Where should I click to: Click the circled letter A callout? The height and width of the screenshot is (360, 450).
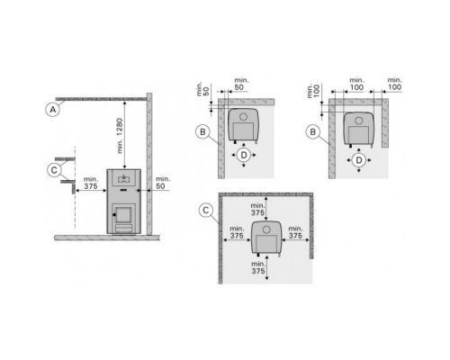pyautogui.click(x=53, y=110)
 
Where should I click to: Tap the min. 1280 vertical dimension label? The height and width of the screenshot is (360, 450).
pyautogui.click(x=120, y=136)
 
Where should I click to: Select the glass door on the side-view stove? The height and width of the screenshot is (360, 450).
pyautogui.click(x=123, y=215)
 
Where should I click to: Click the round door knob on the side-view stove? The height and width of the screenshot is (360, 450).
pyautogui.click(x=114, y=215)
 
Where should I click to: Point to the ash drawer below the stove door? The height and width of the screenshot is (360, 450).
pyautogui.click(x=123, y=229)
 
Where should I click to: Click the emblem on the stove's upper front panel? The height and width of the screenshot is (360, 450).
pyautogui.click(x=123, y=179)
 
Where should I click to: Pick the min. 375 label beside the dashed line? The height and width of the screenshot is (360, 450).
pyautogui.click(x=91, y=183)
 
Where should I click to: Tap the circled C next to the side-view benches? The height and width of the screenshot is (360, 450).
pyautogui.click(x=54, y=170)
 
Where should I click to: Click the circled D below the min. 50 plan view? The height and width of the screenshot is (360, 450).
pyautogui.click(x=244, y=155)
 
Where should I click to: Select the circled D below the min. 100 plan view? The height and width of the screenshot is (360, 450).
pyautogui.click(x=359, y=160)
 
